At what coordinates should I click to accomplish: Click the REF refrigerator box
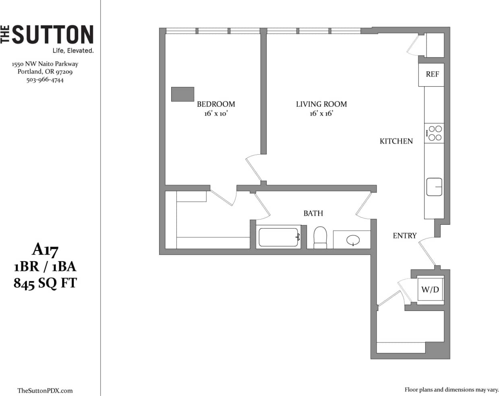[432, 75]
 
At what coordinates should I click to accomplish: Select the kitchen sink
[434, 187]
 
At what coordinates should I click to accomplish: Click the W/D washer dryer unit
[430, 289]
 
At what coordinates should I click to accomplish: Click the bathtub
[279, 237]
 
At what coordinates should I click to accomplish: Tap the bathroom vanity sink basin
[353, 241]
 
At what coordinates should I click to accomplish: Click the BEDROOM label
[216, 104]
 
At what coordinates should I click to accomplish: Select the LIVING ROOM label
[321, 104]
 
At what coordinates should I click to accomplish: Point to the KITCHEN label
[396, 141]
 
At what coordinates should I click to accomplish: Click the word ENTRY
[404, 236]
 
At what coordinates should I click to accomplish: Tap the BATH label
[313, 213]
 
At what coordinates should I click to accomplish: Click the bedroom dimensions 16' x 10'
[216, 114]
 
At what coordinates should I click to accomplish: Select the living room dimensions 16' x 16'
[321, 114]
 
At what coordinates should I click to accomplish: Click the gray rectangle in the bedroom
[183, 94]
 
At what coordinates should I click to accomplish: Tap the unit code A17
[45, 250]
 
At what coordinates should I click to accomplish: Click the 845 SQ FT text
[45, 283]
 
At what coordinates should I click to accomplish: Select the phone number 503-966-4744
[45, 80]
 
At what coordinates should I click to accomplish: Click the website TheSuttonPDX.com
[45, 390]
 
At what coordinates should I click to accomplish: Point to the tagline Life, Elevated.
[73, 51]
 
